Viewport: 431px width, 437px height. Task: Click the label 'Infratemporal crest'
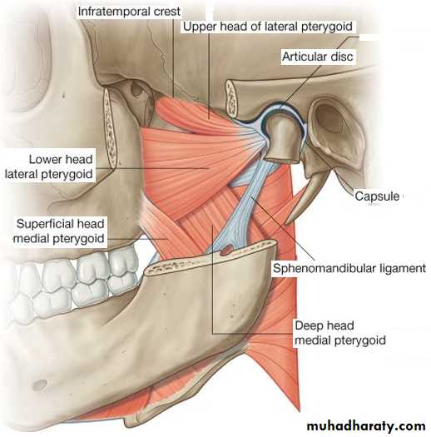[x=129, y=12]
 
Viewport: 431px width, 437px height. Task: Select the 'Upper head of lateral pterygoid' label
[x=267, y=27]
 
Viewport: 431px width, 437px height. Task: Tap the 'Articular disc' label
[x=317, y=57]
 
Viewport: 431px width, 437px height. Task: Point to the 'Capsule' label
[x=377, y=196]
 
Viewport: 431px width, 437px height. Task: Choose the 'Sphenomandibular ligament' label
[x=349, y=268]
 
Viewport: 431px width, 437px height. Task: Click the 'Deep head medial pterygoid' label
[x=340, y=333]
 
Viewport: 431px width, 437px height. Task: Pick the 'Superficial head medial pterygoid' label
[x=59, y=231]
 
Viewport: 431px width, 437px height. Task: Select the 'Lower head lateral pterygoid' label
[x=49, y=166]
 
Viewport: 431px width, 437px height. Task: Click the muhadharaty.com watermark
[x=366, y=426]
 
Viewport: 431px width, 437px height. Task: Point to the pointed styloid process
[x=307, y=197]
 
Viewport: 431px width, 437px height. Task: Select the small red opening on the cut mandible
[x=226, y=250]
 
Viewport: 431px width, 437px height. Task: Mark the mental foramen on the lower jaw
[x=40, y=385]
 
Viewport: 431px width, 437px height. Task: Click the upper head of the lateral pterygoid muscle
[x=192, y=114]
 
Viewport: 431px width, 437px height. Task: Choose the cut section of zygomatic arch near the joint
[x=231, y=98]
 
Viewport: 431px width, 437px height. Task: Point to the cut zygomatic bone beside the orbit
[x=110, y=129]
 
